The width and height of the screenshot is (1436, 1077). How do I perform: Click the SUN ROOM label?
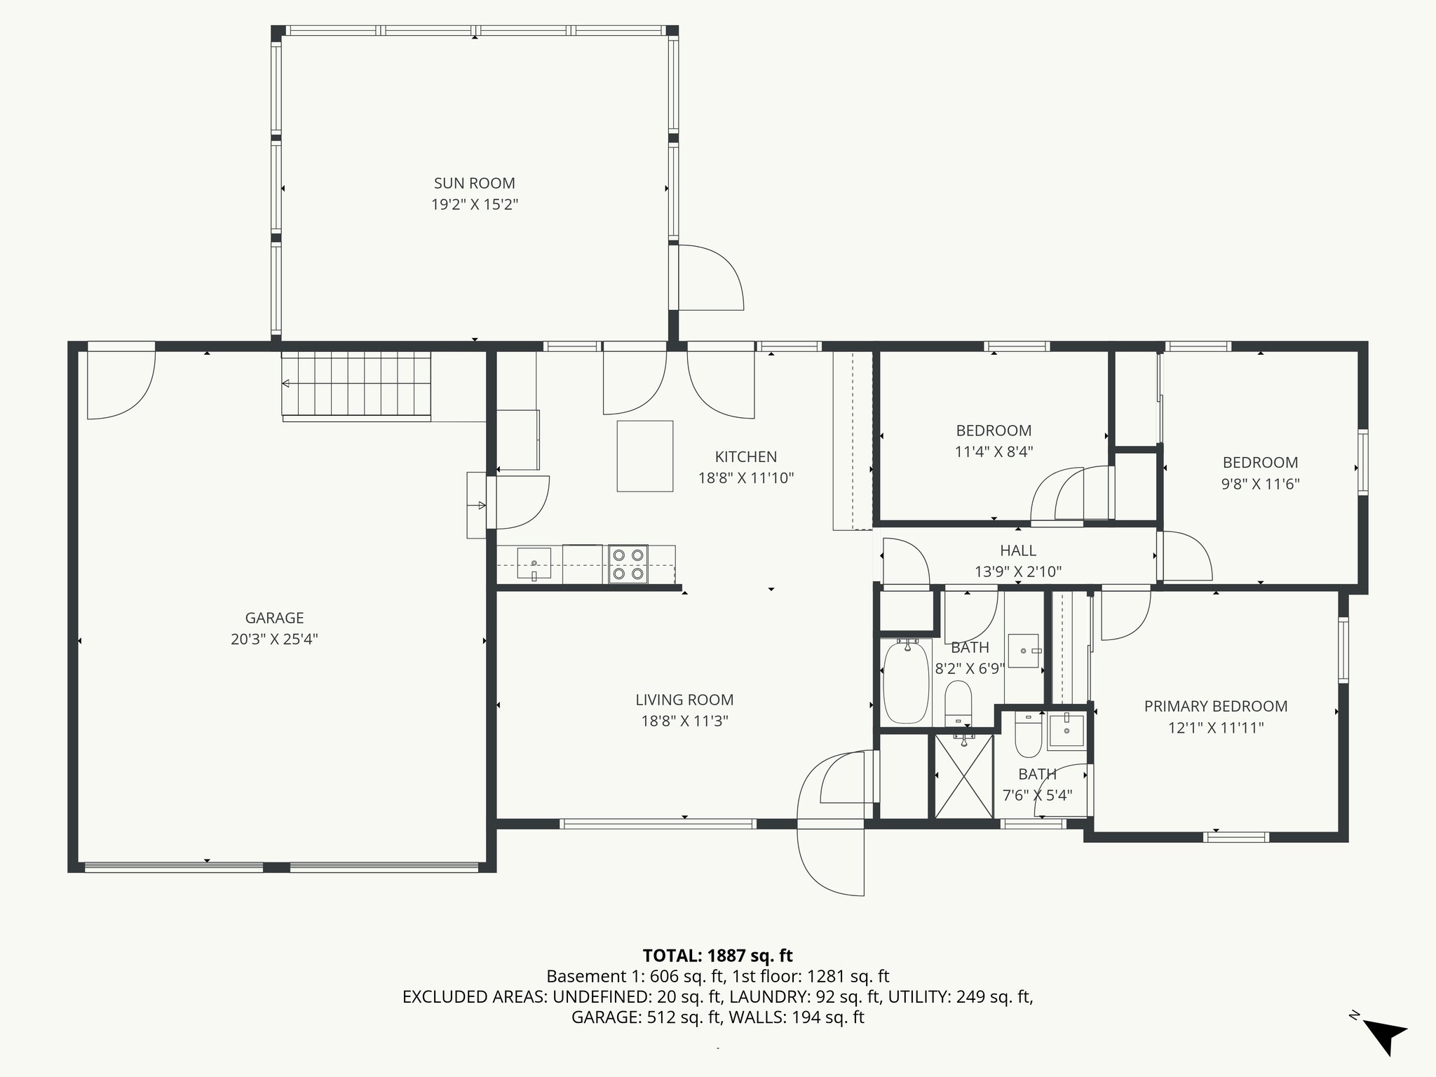pos(474,184)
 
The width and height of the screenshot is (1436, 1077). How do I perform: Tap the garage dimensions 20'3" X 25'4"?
pos(274,639)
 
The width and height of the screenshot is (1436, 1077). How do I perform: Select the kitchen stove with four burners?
pos(628,564)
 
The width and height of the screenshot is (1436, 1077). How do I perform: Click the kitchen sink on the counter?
pos(534,563)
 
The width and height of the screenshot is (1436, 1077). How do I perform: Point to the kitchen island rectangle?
pos(645,456)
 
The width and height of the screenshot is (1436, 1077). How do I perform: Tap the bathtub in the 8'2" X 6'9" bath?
pos(905,683)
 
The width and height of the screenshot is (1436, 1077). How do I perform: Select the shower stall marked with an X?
pos(964,775)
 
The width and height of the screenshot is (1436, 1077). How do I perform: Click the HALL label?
pos(1018,551)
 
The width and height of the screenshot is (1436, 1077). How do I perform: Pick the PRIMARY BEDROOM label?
pos(1216,707)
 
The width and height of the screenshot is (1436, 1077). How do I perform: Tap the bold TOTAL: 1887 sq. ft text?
pos(717,956)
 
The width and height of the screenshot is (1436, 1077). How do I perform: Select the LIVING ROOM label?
pos(684,700)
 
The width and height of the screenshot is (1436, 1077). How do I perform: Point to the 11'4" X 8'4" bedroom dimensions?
pos(994,452)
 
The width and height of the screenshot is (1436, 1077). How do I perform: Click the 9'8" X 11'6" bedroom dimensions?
pos(1260,484)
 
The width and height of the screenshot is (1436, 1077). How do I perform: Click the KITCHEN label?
pos(745,457)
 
